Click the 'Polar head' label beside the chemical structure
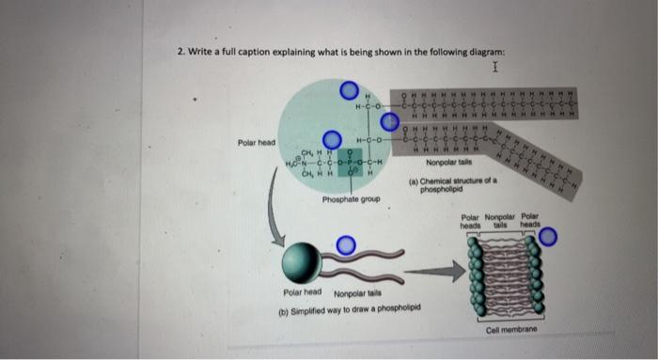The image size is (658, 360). pyautogui.click(x=256, y=143)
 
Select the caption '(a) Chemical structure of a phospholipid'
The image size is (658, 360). pyautogui.click(x=441, y=185)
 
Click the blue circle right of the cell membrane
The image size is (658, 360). pyautogui.click(x=549, y=236)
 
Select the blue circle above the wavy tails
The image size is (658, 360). pyautogui.click(x=346, y=245)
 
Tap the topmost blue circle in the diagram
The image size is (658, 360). pyautogui.click(x=350, y=90)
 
